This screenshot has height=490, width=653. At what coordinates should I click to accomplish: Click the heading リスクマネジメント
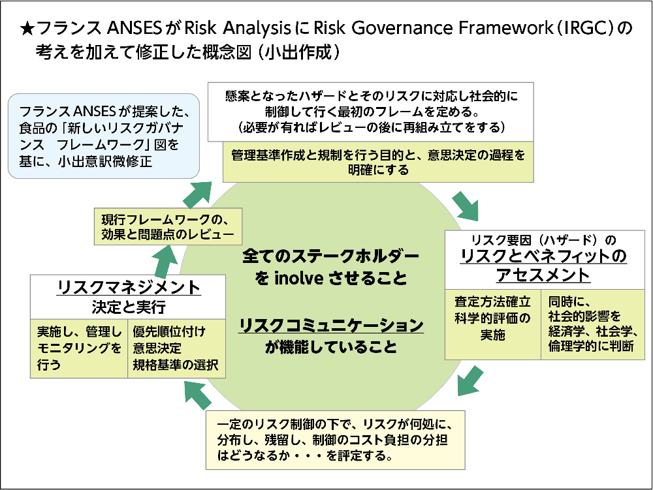[x=129, y=288]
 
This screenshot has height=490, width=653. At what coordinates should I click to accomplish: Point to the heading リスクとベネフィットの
[x=544, y=256]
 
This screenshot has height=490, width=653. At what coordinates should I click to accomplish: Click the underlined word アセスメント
[x=543, y=275]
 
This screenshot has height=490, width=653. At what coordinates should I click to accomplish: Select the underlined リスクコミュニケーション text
[x=331, y=324]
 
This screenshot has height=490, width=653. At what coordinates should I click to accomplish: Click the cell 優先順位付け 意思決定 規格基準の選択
[x=176, y=348]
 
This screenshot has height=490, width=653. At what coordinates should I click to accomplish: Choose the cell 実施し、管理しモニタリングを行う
[x=79, y=348]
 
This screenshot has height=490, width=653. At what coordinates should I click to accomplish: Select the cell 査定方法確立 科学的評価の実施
[x=493, y=318]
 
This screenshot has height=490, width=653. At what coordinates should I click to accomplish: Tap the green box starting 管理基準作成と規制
[x=377, y=162]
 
